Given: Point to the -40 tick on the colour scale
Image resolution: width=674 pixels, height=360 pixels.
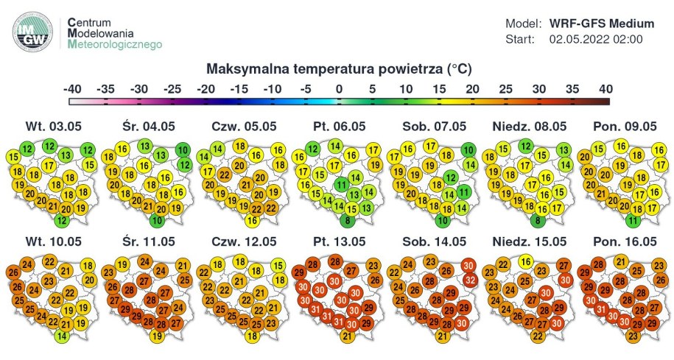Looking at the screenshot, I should pyautogui.click(x=72, y=88).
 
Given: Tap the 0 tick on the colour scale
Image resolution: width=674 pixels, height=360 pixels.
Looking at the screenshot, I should pyautogui.click(x=339, y=88).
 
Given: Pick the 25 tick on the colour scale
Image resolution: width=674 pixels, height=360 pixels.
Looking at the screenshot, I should pyautogui.click(x=505, y=88).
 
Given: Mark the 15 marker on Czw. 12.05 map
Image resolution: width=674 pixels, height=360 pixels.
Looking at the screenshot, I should pyautogui.click(x=278, y=266).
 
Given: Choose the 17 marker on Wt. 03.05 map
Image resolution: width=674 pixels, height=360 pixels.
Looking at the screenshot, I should pyautogui.click(x=49, y=165).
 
